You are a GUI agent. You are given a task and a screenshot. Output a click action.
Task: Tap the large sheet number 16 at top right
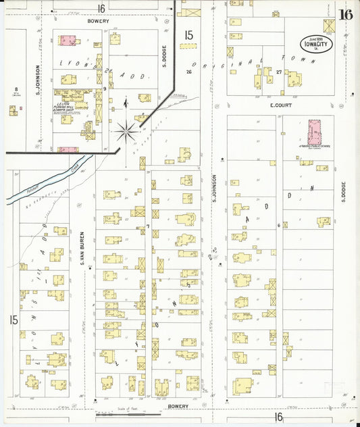[345, 15]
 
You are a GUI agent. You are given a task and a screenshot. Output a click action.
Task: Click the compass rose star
[126, 131]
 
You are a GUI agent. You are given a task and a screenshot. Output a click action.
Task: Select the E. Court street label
[280, 105]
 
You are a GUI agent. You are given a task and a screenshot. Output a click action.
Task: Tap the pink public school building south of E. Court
[315, 132]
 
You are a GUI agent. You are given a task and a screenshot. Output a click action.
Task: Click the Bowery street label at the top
[98, 21]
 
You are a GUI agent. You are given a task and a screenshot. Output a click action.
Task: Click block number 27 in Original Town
[278, 72]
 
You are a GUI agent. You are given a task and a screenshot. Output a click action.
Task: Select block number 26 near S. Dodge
[189, 72]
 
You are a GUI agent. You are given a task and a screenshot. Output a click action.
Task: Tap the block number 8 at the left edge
[15, 89]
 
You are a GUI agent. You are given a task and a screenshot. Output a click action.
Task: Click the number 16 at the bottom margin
[278, 418]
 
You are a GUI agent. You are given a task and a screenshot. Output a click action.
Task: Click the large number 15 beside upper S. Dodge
[188, 35]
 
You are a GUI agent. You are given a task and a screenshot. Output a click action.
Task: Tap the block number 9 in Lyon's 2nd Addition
[105, 89]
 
